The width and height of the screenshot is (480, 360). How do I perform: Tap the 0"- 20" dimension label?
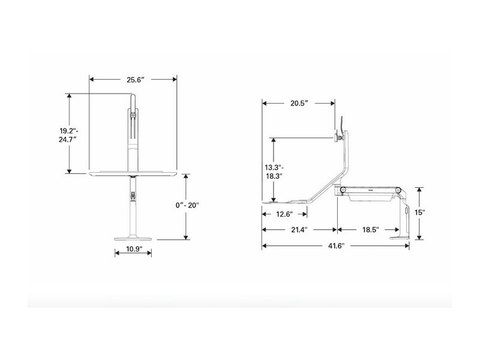click(x=187, y=205)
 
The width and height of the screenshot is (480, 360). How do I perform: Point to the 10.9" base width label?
click(x=133, y=250)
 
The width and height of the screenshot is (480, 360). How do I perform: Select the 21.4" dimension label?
click(x=298, y=230)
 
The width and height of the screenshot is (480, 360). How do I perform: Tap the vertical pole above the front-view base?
click(x=132, y=210)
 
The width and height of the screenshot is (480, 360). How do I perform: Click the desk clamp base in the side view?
click(x=403, y=235)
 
